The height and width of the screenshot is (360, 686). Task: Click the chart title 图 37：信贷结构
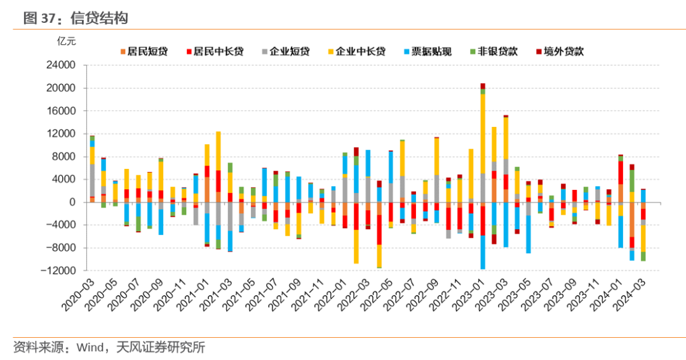pyautogui.click(x=76, y=18)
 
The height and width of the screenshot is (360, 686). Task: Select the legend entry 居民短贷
pyautogui.click(x=148, y=51)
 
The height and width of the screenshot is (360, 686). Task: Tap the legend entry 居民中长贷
pyautogui.click(x=218, y=51)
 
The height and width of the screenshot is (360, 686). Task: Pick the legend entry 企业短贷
pyautogui.click(x=290, y=51)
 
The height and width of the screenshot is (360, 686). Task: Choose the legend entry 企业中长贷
pyautogui.click(x=360, y=51)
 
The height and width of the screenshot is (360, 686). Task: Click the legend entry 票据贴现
pyautogui.click(x=431, y=51)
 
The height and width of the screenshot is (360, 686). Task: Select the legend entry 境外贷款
pyautogui.click(x=563, y=51)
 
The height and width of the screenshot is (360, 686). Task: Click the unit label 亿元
pyautogui.click(x=67, y=42)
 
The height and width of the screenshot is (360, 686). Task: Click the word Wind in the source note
pyautogui.click(x=91, y=347)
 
